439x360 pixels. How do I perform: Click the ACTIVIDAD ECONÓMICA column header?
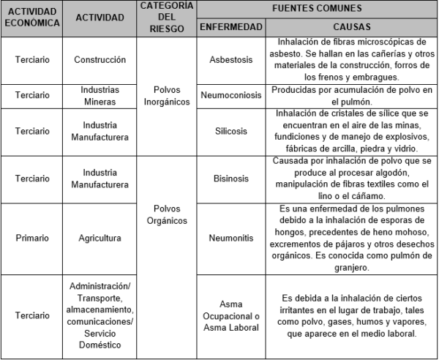click(32, 18)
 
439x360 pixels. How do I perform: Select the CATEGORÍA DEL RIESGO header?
click(167, 18)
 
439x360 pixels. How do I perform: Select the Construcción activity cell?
click(100, 60)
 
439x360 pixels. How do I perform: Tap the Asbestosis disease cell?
click(230, 60)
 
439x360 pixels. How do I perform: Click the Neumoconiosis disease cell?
click(230, 95)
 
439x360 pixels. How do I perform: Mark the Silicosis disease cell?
click(230, 130)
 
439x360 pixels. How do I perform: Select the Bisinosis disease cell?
click(230, 178)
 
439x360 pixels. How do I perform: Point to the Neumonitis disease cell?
click(230, 238)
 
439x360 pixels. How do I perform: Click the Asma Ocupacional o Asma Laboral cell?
click(230, 315)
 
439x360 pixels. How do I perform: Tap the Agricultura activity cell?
click(100, 238)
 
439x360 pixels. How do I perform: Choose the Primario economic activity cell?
click(32, 238)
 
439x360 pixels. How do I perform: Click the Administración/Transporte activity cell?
click(100, 315)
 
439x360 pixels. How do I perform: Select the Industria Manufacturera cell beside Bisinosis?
click(100, 178)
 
